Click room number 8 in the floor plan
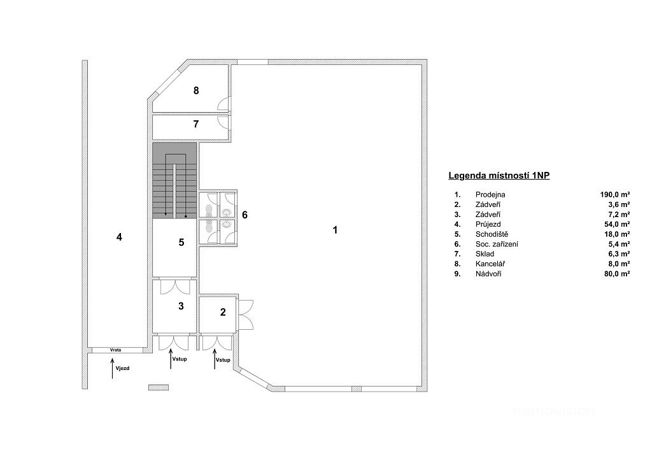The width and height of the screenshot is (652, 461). click(x=196, y=90)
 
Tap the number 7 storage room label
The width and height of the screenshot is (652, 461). click(x=196, y=124)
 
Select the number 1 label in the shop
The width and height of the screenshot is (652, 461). click(x=335, y=230)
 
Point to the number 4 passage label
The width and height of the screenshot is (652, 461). click(x=119, y=238)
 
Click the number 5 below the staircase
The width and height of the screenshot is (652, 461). click(x=181, y=243)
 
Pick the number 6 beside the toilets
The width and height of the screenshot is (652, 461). click(x=244, y=215)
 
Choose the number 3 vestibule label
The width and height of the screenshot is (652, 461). click(x=181, y=306)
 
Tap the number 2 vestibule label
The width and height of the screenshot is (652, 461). click(x=223, y=312)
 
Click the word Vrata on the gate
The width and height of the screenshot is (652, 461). click(x=116, y=350)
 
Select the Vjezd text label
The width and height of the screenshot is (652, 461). click(x=123, y=368)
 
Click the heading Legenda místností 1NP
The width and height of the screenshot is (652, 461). click(x=499, y=175)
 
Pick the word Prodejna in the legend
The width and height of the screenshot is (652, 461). click(x=490, y=195)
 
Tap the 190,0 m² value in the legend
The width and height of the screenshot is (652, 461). click(x=615, y=195)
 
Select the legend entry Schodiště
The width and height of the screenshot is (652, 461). click(x=492, y=234)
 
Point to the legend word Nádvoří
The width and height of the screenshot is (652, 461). click(x=488, y=274)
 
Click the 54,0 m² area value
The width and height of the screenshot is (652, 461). click(x=617, y=225)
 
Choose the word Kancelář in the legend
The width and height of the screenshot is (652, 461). click(x=490, y=264)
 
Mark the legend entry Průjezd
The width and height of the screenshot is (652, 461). click(x=488, y=225)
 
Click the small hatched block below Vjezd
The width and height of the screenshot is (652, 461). click(x=159, y=387)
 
